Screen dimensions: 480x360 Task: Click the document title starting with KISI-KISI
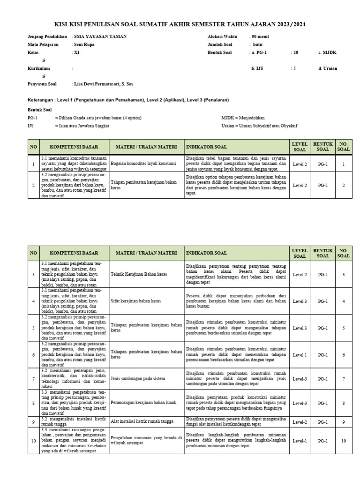[180, 24]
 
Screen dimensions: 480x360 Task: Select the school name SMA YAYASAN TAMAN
[100, 37]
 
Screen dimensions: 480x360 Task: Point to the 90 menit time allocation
[261, 37]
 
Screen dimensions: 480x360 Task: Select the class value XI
[77, 52]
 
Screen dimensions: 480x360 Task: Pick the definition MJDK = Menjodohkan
[242, 118]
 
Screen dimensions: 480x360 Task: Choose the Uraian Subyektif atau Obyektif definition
[259, 126]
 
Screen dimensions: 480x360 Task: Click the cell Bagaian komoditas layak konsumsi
[143, 164]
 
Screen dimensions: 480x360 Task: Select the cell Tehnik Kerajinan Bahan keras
[140, 274]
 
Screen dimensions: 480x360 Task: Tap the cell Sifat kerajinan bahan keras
[136, 301]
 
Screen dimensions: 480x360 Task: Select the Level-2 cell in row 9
[299, 422]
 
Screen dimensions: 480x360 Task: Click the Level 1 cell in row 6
[300, 355]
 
